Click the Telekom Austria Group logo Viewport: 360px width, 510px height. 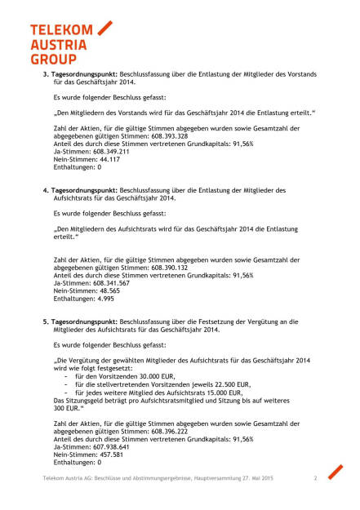70,42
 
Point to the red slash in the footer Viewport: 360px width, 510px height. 335,472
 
